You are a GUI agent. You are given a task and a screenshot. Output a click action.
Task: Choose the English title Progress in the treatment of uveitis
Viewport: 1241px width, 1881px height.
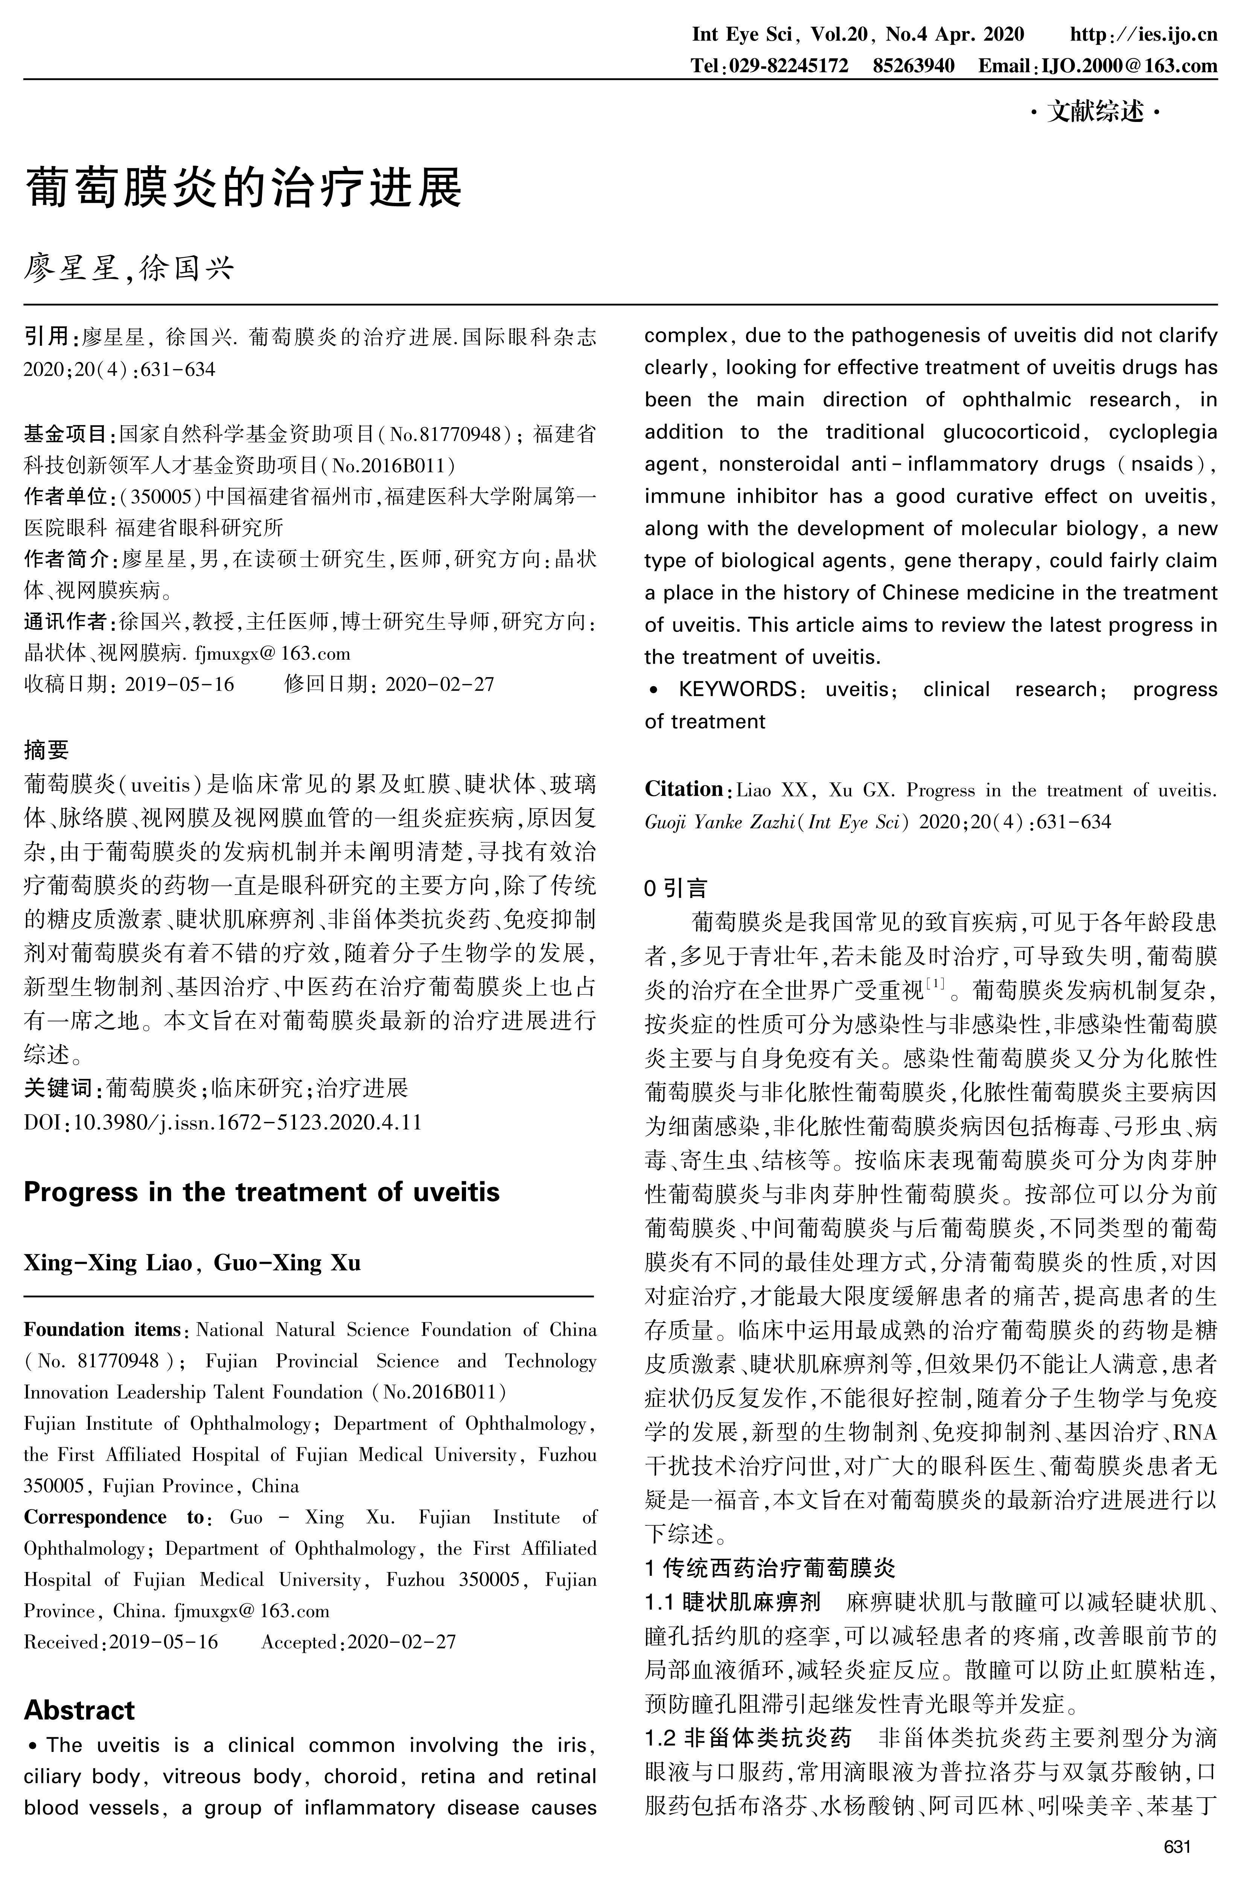pos(261,1192)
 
